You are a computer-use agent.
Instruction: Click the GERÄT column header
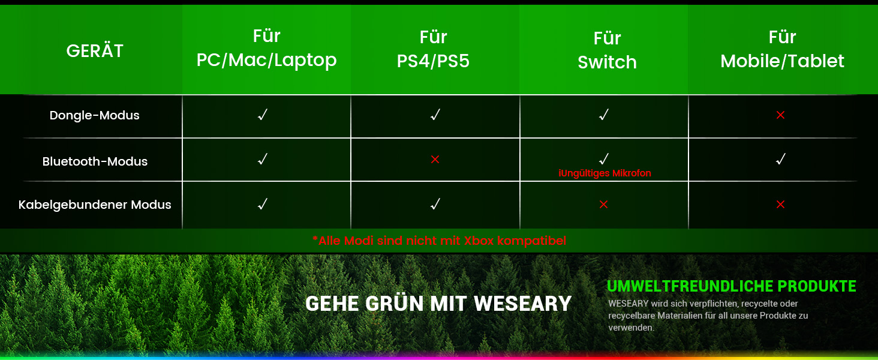tap(95, 51)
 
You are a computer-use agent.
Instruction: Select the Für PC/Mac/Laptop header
tap(266, 49)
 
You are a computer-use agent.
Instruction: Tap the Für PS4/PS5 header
tap(433, 50)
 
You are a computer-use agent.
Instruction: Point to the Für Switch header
tap(607, 50)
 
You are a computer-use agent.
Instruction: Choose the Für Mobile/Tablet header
tap(782, 49)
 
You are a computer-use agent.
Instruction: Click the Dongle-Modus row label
tap(95, 115)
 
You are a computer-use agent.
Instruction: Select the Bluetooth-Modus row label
tap(95, 161)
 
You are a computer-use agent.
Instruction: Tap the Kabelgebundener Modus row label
tap(95, 205)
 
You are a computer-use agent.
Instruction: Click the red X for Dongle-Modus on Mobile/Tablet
tap(780, 115)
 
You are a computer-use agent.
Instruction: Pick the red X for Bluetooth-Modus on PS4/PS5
tap(435, 160)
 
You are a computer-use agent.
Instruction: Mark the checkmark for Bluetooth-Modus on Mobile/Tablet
tap(781, 160)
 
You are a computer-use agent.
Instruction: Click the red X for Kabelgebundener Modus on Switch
tap(603, 205)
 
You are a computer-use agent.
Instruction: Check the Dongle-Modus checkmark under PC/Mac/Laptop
tap(262, 115)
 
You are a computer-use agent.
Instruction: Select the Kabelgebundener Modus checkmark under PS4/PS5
tap(435, 205)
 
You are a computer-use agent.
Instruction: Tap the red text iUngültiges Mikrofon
tap(605, 173)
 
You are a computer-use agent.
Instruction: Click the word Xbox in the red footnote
tap(478, 241)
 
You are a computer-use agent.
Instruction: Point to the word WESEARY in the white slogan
tap(522, 304)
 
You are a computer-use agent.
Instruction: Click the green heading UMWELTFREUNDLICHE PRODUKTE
tap(732, 286)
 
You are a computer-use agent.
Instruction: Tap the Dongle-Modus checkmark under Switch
tap(604, 115)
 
